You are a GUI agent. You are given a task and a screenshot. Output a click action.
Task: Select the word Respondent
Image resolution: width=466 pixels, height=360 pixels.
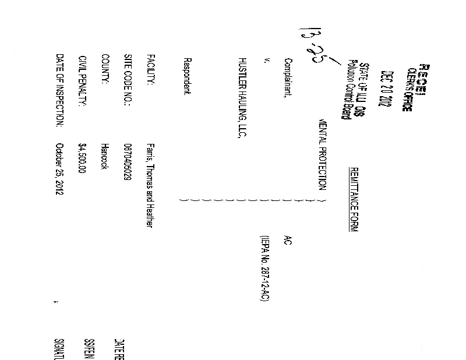(188, 77)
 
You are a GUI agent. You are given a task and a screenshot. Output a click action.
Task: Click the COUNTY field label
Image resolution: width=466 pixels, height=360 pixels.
(105, 69)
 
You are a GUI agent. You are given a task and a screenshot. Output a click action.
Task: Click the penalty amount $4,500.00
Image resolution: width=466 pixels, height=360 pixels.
(82, 158)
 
